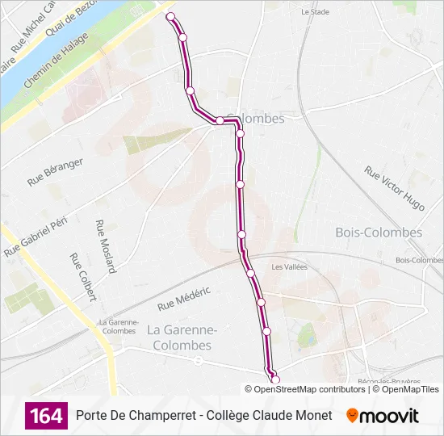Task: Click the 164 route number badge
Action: pos(46,416)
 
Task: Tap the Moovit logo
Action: pos(383,416)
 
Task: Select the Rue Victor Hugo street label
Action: pos(394,188)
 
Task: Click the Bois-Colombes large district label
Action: pos(378,233)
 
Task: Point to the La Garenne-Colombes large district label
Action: pos(179,337)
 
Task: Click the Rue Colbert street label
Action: pos(82,277)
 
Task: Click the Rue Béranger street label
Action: pos(55,172)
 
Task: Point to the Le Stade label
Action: pos(315,12)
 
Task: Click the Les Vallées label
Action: pos(289,267)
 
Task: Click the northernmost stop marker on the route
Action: pos(170,16)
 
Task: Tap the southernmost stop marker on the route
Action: pos(275,379)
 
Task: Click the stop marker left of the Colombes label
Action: pos(219,120)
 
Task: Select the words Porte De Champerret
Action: pos(132,416)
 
